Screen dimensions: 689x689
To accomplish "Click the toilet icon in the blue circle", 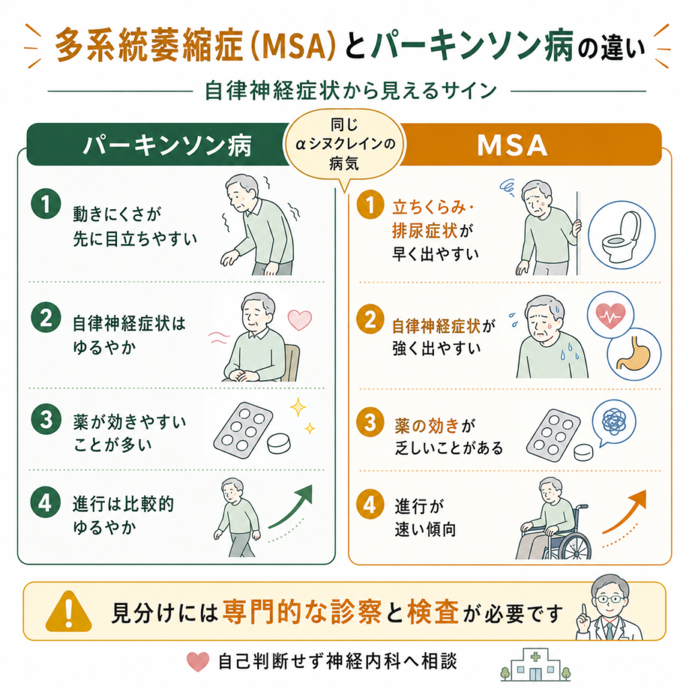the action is (622, 235).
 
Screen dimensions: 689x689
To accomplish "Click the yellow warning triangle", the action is (69, 611).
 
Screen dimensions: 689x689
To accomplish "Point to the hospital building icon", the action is (535, 665).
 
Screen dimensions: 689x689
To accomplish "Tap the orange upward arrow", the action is (624, 511).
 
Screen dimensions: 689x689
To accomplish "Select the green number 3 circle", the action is (46, 419).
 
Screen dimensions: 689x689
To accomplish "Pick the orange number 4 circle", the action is (371, 504).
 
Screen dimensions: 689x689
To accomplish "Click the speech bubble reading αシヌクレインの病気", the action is (344, 145).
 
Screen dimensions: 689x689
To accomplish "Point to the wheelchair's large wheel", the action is (571, 540).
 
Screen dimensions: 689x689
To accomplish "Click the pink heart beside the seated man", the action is (299, 320).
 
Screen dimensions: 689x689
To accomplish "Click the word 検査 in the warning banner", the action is (433, 612).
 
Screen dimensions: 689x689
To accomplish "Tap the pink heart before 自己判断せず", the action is (198, 662).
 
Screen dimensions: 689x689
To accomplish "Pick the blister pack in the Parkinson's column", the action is (243, 431).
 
